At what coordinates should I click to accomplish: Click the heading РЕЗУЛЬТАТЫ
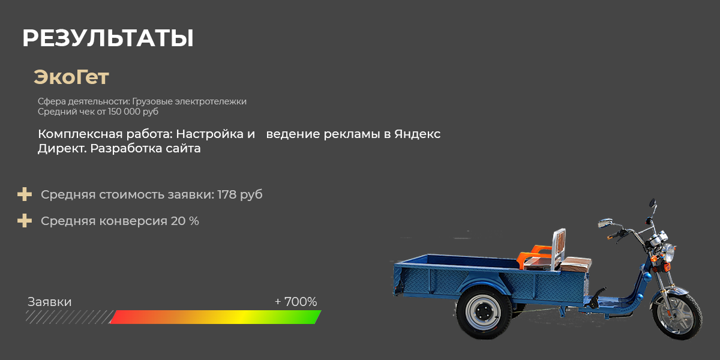coord(107,38)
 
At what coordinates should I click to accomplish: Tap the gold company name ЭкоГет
coord(71,77)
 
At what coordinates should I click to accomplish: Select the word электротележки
coord(211,101)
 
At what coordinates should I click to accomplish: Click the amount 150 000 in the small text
coord(124,112)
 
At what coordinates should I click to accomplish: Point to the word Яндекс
coord(417,134)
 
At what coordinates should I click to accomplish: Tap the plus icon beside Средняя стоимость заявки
coord(25,194)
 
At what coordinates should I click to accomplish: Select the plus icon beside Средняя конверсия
coord(25,221)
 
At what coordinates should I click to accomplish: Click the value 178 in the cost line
coord(227,194)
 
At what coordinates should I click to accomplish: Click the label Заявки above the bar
coord(49,302)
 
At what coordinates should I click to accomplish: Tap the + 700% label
coord(296,302)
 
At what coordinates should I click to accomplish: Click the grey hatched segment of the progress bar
coord(70,317)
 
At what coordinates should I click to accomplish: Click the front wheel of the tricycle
coord(677,316)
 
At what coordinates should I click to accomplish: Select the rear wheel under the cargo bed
coord(484,311)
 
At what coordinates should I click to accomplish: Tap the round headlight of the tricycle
coord(667,253)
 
